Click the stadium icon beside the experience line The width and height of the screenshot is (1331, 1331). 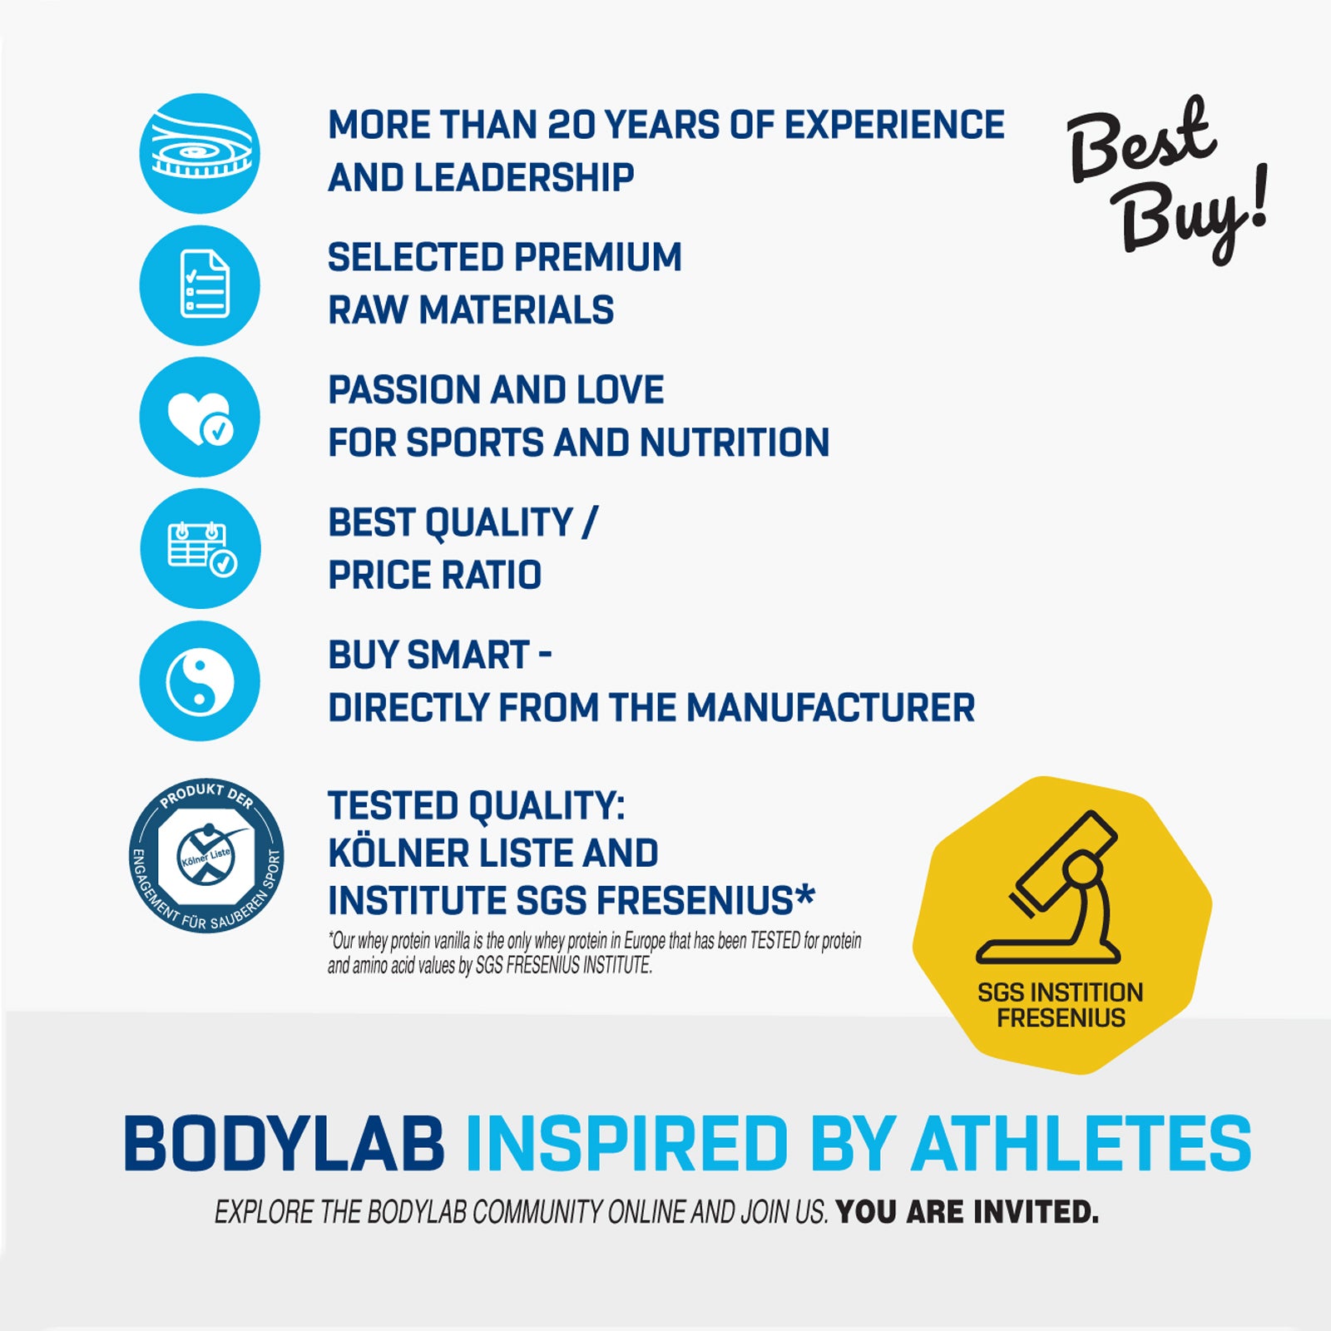tap(200, 153)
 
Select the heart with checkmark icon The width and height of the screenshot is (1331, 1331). tap(200, 417)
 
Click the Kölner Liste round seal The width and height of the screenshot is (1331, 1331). tap(206, 855)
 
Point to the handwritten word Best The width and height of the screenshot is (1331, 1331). tap(1141, 140)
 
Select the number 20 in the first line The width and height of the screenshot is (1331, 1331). tap(570, 126)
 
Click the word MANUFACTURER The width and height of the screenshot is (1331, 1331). tap(830, 708)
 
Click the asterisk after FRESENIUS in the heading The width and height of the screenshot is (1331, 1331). tap(804, 896)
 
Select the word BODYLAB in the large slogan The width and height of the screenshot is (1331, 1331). tap(285, 1144)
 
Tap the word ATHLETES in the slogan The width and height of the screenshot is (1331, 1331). tap(1081, 1144)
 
